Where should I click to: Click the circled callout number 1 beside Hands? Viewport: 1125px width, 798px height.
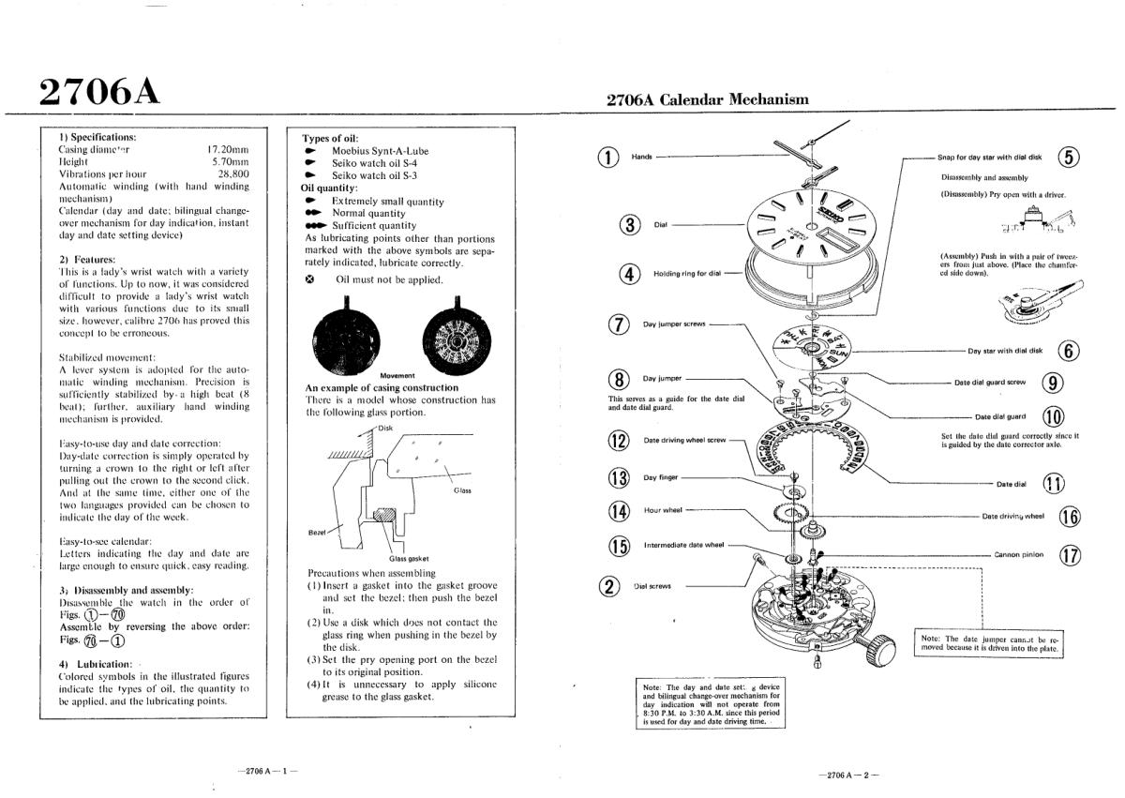click(x=610, y=158)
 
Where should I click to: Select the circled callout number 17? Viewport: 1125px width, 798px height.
click(x=1070, y=555)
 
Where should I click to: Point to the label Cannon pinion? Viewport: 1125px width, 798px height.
click(x=1018, y=554)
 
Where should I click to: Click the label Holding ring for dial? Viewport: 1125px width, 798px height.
click(x=687, y=274)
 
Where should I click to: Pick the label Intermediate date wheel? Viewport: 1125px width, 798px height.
click(x=683, y=544)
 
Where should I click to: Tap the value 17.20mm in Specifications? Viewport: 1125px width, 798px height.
click(x=228, y=149)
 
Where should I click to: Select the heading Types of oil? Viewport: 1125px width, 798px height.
click(x=330, y=139)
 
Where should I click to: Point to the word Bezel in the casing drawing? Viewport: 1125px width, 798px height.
click(x=316, y=532)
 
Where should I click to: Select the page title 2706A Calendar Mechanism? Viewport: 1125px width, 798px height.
click(x=707, y=100)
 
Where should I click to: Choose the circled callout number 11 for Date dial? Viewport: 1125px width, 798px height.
click(x=1055, y=484)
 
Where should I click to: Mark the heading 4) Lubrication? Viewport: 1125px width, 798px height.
click(x=95, y=664)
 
